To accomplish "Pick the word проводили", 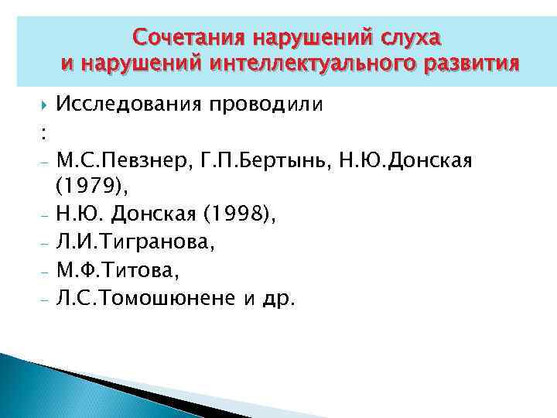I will point(259,104).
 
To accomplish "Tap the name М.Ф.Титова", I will point(116,272).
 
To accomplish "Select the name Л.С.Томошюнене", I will point(148,300).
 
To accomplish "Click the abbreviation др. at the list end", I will point(278,300).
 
